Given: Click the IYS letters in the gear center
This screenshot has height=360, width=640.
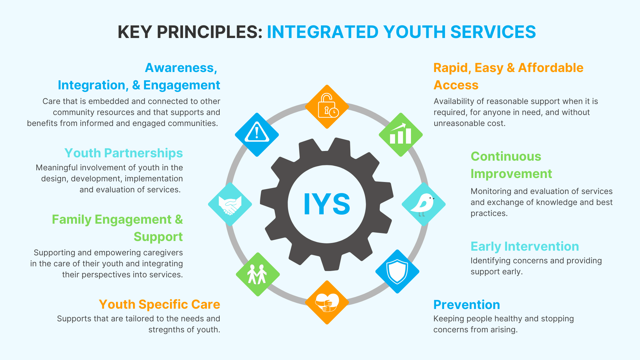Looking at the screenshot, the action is [327, 204].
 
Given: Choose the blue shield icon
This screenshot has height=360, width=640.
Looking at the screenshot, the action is [397, 271].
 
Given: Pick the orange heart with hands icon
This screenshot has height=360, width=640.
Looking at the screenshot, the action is [327, 302].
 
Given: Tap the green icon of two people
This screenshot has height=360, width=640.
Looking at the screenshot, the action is [258, 274].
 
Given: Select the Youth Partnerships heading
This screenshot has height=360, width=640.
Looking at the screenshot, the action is [124, 153].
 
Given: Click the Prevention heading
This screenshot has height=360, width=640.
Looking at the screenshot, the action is [467, 305].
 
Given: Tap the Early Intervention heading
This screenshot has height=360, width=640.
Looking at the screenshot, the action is [525, 246].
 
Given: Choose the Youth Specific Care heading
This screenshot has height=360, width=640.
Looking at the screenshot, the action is [159, 304].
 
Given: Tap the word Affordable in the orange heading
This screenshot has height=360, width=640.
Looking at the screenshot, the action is [551, 68].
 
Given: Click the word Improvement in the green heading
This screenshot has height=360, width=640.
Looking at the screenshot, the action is [511, 174].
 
